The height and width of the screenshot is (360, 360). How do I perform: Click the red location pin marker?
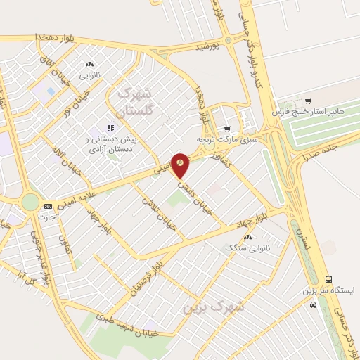click(181, 165)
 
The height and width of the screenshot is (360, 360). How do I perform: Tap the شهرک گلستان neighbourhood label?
click(135, 101)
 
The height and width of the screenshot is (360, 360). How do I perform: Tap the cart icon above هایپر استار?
click(308, 101)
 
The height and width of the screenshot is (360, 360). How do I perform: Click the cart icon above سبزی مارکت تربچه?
click(227, 129)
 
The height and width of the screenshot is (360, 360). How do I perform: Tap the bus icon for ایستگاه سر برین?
click(328, 278)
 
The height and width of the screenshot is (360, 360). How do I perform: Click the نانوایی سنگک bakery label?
click(243, 248)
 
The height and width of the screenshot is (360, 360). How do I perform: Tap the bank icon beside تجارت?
click(47, 206)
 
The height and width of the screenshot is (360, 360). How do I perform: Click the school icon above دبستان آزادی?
click(110, 128)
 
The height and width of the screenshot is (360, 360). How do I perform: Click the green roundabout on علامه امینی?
click(30, 202)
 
